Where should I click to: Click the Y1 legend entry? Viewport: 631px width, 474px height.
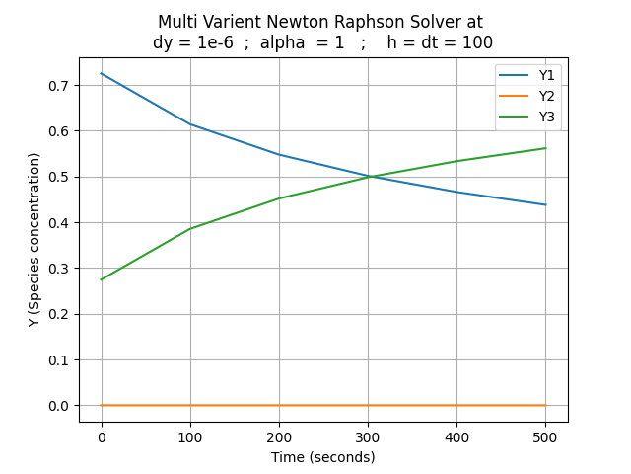pos(546,76)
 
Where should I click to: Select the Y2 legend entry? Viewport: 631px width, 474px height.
pos(546,97)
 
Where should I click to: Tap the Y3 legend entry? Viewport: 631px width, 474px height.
pos(546,117)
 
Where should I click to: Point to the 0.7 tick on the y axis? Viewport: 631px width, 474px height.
pos(61,86)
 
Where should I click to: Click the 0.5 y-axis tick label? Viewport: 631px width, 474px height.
pos(61,177)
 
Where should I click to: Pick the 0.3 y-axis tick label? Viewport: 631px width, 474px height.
pos(61,269)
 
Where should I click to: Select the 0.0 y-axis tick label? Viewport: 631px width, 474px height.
pos(61,406)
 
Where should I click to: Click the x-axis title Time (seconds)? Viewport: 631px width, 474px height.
pos(323,457)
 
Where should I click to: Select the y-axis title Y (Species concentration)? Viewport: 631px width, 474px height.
pos(35,240)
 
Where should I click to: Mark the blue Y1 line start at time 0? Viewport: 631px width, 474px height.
pos(102,73)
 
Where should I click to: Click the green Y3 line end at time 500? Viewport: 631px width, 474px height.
pos(545,148)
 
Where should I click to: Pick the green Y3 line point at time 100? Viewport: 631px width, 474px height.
pos(190,229)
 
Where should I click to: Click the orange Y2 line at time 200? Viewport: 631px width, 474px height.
pos(279,405)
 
